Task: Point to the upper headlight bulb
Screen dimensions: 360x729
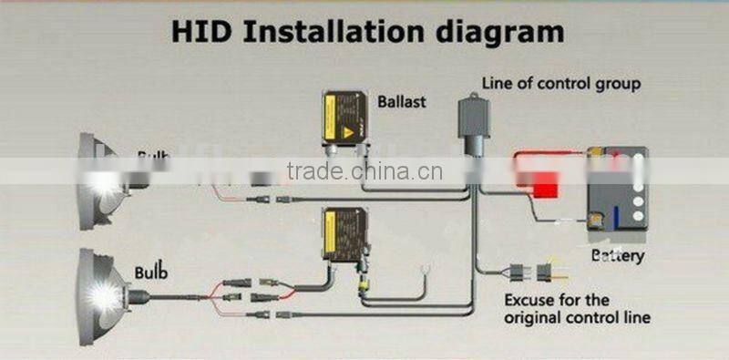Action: click(x=102, y=179)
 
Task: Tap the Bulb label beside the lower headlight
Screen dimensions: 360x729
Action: click(x=151, y=272)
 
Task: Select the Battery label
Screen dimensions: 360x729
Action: click(x=616, y=254)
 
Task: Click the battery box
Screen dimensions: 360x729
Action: click(x=616, y=191)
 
